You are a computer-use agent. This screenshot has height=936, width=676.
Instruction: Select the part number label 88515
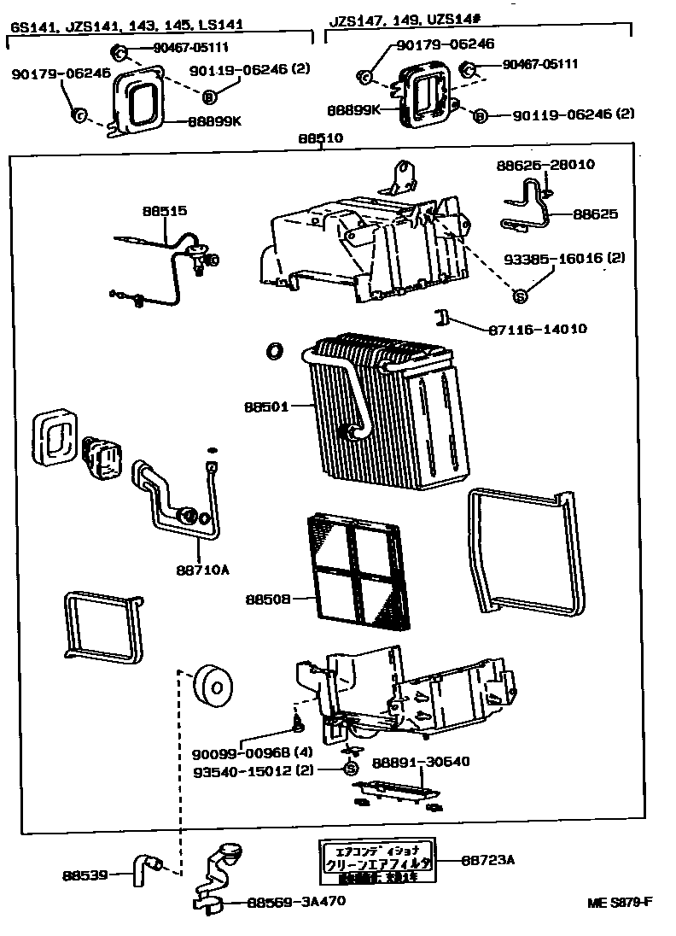pyautogui.click(x=164, y=211)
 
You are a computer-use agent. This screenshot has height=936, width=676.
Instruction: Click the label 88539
pyautogui.click(x=84, y=875)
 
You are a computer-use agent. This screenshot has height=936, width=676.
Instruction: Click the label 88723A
pyautogui.click(x=489, y=860)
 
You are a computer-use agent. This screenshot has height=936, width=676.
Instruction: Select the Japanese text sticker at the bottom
pyautogui.click(x=376, y=863)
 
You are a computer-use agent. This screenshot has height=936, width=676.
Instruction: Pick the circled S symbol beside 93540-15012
pyautogui.click(x=350, y=769)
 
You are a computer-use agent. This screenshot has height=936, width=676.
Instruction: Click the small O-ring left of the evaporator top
pyautogui.click(x=274, y=350)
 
